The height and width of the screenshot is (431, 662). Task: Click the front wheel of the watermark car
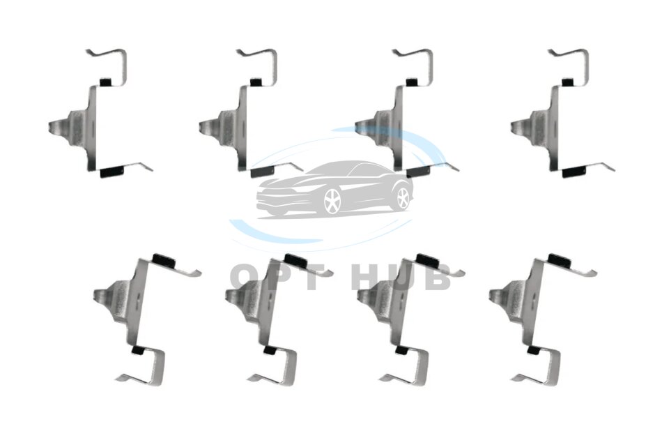coord(332,201)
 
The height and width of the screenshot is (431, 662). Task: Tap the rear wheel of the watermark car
coord(403,197)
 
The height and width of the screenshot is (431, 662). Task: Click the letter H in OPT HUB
coord(367,277)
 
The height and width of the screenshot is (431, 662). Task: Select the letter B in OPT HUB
coord(436,277)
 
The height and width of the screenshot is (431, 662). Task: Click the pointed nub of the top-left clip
coord(57,126)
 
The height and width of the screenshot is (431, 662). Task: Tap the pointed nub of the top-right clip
coord(519,126)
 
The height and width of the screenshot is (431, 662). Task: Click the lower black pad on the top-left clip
coord(112,172)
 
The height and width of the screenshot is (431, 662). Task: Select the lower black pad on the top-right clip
coord(575,172)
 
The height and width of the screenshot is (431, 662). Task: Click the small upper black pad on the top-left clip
coord(105,82)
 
